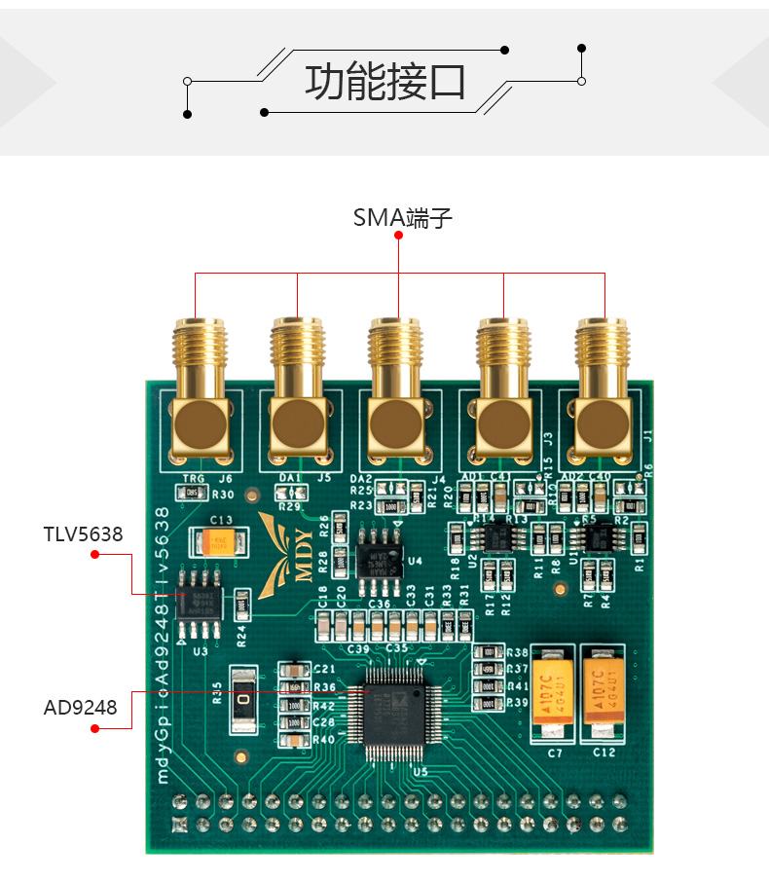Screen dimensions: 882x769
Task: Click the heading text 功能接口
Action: pos(384,82)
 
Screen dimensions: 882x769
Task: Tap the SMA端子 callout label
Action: pos(402,217)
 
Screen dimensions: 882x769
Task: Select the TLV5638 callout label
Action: pos(83,534)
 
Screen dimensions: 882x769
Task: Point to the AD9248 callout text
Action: pos(81,707)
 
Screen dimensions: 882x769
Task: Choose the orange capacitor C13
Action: pos(219,542)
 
